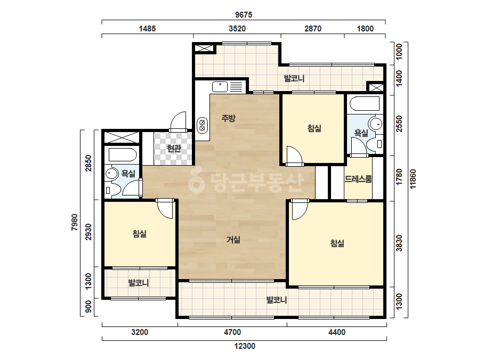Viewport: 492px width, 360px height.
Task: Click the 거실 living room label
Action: tap(233, 240)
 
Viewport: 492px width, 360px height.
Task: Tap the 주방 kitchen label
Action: tap(228, 118)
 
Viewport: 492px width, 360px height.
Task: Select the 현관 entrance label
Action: tap(174, 149)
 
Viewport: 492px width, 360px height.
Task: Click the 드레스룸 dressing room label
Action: tap(358, 179)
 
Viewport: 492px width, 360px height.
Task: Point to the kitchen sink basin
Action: tap(220, 86)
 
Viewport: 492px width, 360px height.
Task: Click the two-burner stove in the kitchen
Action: tap(203, 125)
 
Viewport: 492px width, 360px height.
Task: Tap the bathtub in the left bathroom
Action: tap(123, 155)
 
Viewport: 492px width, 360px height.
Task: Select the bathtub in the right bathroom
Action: tap(365, 104)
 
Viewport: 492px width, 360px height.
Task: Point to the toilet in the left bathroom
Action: tap(112, 190)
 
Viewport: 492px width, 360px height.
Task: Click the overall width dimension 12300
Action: tap(245, 346)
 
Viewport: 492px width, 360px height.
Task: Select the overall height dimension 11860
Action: tap(413, 179)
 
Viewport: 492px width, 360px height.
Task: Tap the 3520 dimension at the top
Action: tap(237, 29)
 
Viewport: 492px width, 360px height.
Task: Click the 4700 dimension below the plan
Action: tap(232, 332)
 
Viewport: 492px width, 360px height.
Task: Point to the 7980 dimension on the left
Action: tap(75, 222)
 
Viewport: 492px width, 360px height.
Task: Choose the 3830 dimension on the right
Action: tap(399, 243)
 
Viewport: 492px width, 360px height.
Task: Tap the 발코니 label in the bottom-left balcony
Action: tap(139, 283)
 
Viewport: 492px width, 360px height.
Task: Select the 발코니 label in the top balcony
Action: tap(294, 78)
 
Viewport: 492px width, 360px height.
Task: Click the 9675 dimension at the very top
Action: tap(244, 15)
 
